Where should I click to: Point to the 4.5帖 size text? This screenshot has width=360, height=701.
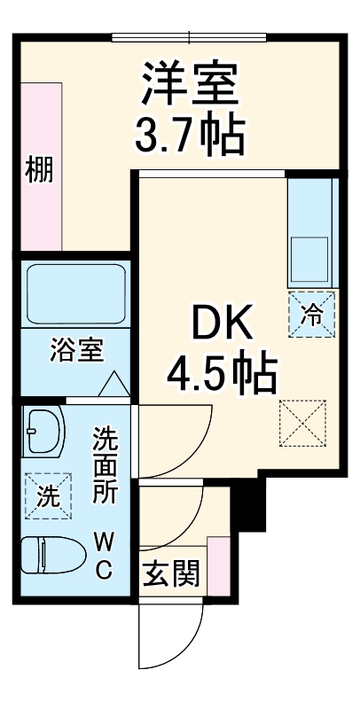(222, 375)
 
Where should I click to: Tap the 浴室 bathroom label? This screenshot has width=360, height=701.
(77, 350)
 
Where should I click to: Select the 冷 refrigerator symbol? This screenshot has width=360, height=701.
(312, 313)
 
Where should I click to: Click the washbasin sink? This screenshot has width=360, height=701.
(44, 432)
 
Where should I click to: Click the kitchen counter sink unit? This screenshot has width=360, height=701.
(311, 234)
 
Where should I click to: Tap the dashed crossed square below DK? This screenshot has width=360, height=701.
(303, 422)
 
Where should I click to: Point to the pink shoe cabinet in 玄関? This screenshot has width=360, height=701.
(218, 565)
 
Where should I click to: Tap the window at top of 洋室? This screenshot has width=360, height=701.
(189, 37)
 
